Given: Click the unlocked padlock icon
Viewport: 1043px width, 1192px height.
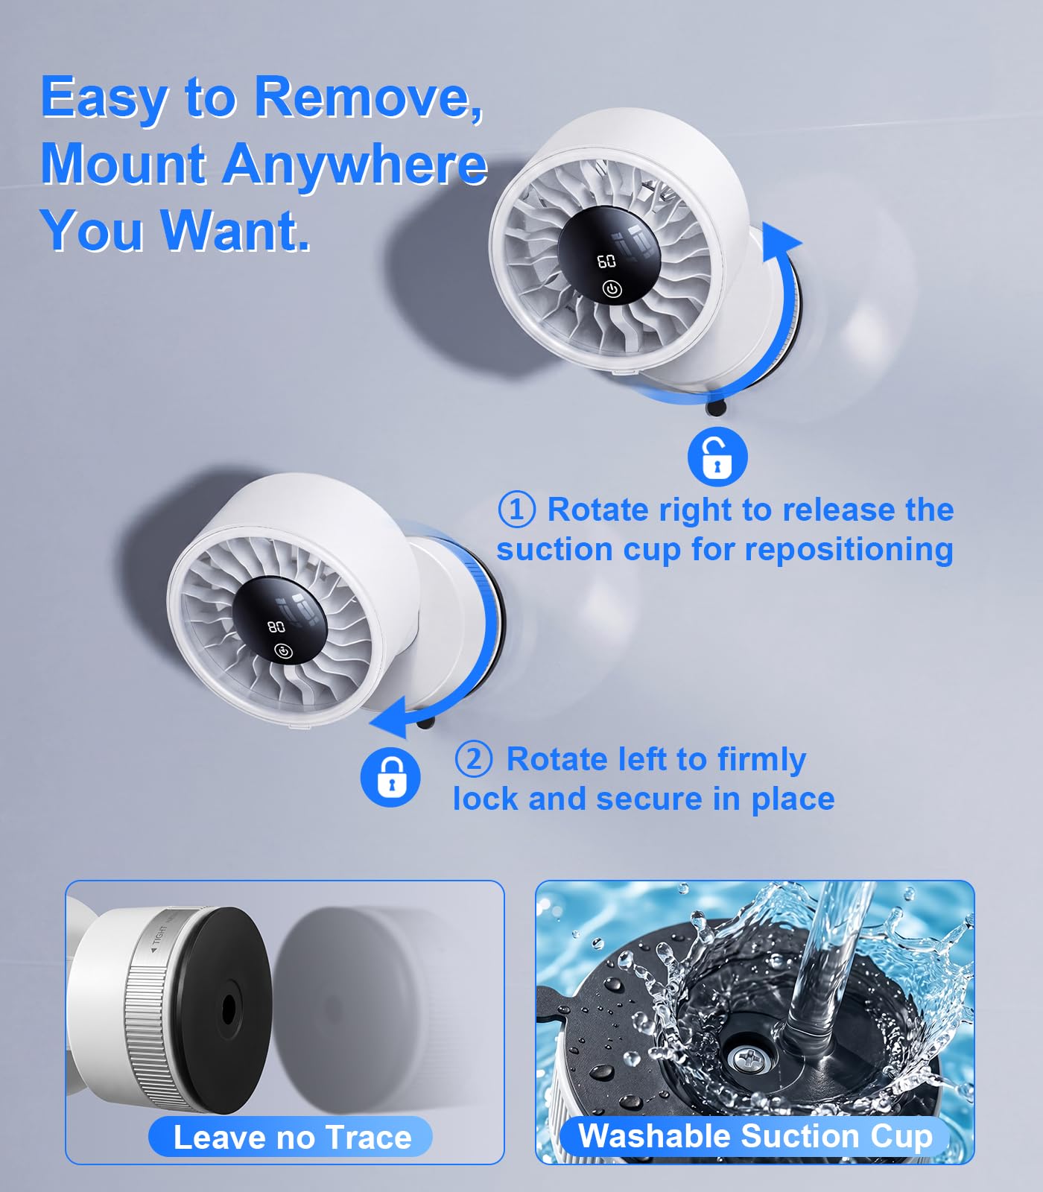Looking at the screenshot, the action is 717,456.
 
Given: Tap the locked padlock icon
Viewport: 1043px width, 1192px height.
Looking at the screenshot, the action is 390,776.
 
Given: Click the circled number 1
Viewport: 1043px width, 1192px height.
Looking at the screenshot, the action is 516,510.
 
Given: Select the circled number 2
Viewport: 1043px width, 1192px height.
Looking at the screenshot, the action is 474,759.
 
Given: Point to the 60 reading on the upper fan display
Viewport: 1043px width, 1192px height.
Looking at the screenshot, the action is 606,261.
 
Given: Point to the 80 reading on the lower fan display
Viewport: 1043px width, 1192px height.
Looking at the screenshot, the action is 276,627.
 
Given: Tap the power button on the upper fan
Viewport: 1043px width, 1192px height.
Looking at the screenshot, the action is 612,289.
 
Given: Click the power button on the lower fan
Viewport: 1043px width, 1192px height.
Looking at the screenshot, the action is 283,652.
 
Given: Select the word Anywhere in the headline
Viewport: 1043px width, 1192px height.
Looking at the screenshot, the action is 355,164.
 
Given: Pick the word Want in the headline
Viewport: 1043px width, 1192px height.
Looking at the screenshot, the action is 235,230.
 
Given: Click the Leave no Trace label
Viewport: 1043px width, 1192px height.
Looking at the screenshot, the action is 291,1138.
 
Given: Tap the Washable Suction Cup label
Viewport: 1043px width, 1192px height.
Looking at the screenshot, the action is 755,1136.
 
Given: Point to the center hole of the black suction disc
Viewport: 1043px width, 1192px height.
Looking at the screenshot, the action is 228,1009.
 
